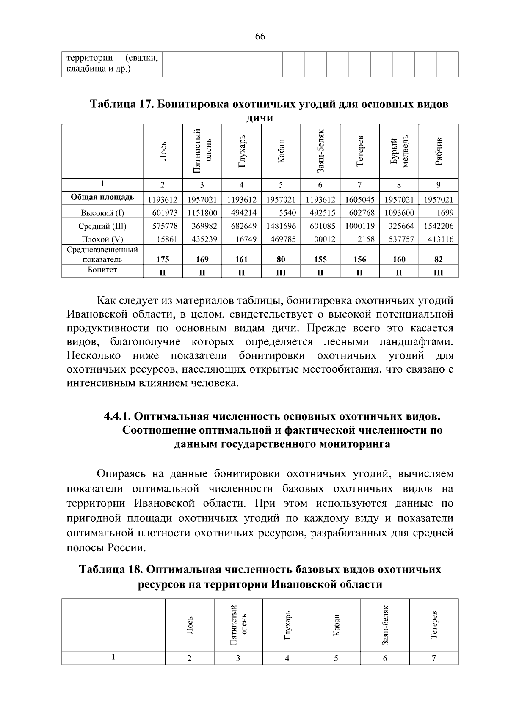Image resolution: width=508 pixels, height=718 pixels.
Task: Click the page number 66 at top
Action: pos(260,37)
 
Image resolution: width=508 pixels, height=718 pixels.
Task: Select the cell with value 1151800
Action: pos(202,213)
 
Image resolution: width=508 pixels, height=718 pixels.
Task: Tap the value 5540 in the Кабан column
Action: pos(287,213)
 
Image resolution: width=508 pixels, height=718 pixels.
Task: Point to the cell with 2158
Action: pos(366,239)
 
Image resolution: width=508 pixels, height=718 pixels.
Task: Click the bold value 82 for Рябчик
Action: pos(439,259)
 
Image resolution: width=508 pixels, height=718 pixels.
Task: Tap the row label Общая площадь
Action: pos(102,197)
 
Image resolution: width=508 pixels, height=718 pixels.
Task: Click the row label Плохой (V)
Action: pos(102,239)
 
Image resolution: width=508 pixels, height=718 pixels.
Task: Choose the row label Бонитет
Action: pos(102,270)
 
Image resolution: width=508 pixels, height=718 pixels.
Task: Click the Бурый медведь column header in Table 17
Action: pos(399,151)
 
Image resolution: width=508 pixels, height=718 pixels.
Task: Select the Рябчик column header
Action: pos(439,151)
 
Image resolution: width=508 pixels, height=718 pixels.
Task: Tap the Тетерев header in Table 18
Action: pos(434,625)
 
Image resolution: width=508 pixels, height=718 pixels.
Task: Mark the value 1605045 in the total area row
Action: pos(359,200)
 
